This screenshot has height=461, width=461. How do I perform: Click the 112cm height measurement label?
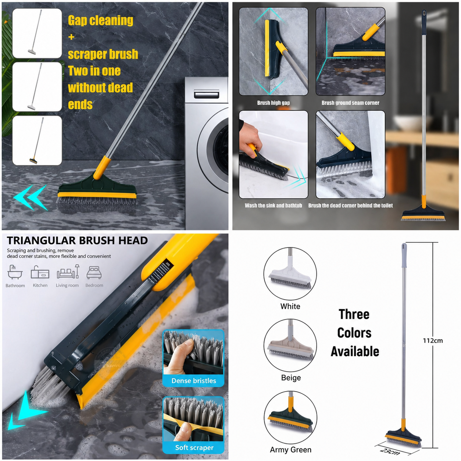[x=433, y=340]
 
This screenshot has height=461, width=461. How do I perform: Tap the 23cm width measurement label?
[x=390, y=451]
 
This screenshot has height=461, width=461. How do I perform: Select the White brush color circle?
[x=290, y=274]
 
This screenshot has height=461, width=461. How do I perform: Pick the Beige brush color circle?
[x=290, y=345]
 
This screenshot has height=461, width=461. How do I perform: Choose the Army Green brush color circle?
[x=290, y=418]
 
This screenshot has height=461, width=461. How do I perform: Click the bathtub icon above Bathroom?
[x=15, y=272]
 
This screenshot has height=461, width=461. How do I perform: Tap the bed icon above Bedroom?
[x=94, y=272]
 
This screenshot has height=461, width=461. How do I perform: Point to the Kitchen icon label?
[x=40, y=285]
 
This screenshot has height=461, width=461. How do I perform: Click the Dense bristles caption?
[x=193, y=380]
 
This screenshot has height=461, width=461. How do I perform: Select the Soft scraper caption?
[x=194, y=447]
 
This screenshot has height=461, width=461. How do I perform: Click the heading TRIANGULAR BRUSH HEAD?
[x=77, y=240]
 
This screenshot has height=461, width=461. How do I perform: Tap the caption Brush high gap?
[x=274, y=103]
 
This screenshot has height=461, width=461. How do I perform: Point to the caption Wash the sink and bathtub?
[x=273, y=206]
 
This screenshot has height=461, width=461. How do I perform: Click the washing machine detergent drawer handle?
[x=207, y=94]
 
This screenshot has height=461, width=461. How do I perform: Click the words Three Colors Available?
[x=354, y=333]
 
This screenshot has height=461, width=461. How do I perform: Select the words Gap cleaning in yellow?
[x=100, y=21]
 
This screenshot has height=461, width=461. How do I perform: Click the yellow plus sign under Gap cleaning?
[x=71, y=37]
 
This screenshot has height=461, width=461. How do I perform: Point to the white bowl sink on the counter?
[x=411, y=123]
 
